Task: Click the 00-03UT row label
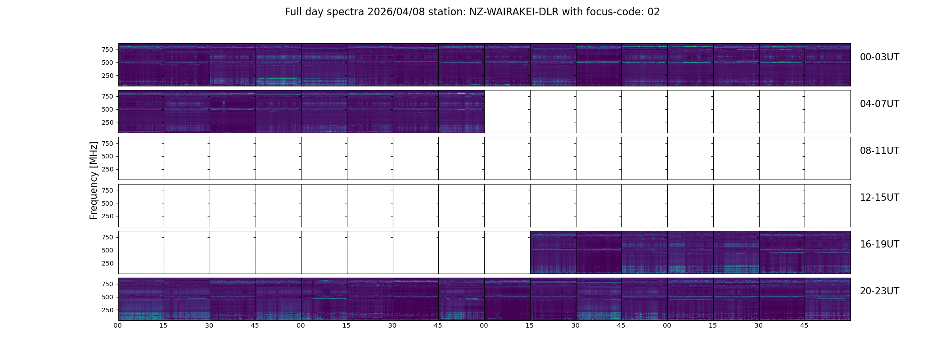click(879, 57)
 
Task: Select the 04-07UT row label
click(879, 104)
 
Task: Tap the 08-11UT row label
click(879, 151)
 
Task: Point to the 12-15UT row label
click(879, 198)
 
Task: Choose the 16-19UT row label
click(879, 244)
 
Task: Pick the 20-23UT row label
click(879, 291)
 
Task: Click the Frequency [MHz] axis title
click(94, 180)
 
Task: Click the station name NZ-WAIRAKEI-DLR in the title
click(514, 12)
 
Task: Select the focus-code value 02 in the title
click(653, 12)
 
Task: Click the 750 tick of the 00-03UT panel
click(108, 49)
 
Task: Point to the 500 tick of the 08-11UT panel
click(108, 156)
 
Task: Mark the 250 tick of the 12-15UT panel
click(108, 216)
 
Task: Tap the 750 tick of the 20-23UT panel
click(108, 284)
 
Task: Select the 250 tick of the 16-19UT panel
click(108, 263)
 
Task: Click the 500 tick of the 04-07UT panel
click(108, 109)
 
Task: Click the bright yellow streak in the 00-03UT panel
click(279, 78)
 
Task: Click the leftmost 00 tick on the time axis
click(118, 325)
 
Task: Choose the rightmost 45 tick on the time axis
click(804, 325)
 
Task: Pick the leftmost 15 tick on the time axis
click(163, 325)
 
